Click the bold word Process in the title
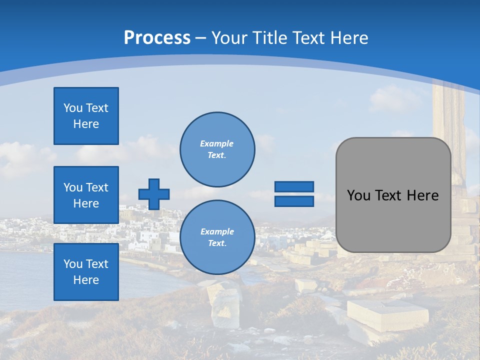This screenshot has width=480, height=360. point(157,37)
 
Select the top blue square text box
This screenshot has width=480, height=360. point(86,116)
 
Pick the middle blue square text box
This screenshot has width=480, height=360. point(86,195)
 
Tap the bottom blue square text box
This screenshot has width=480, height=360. point(86,272)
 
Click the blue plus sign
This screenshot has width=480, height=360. point(154,194)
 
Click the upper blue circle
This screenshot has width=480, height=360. point(217,149)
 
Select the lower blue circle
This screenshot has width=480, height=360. point(217,237)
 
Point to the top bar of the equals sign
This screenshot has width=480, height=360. point(294,186)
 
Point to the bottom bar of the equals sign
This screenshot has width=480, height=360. point(294,201)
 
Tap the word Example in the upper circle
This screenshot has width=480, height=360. point(217,143)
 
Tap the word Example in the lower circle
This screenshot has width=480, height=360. point(217,231)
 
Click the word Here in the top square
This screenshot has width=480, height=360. point(86,124)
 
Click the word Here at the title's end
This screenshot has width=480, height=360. point(349,38)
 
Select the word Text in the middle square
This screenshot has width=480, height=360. point(97,187)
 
